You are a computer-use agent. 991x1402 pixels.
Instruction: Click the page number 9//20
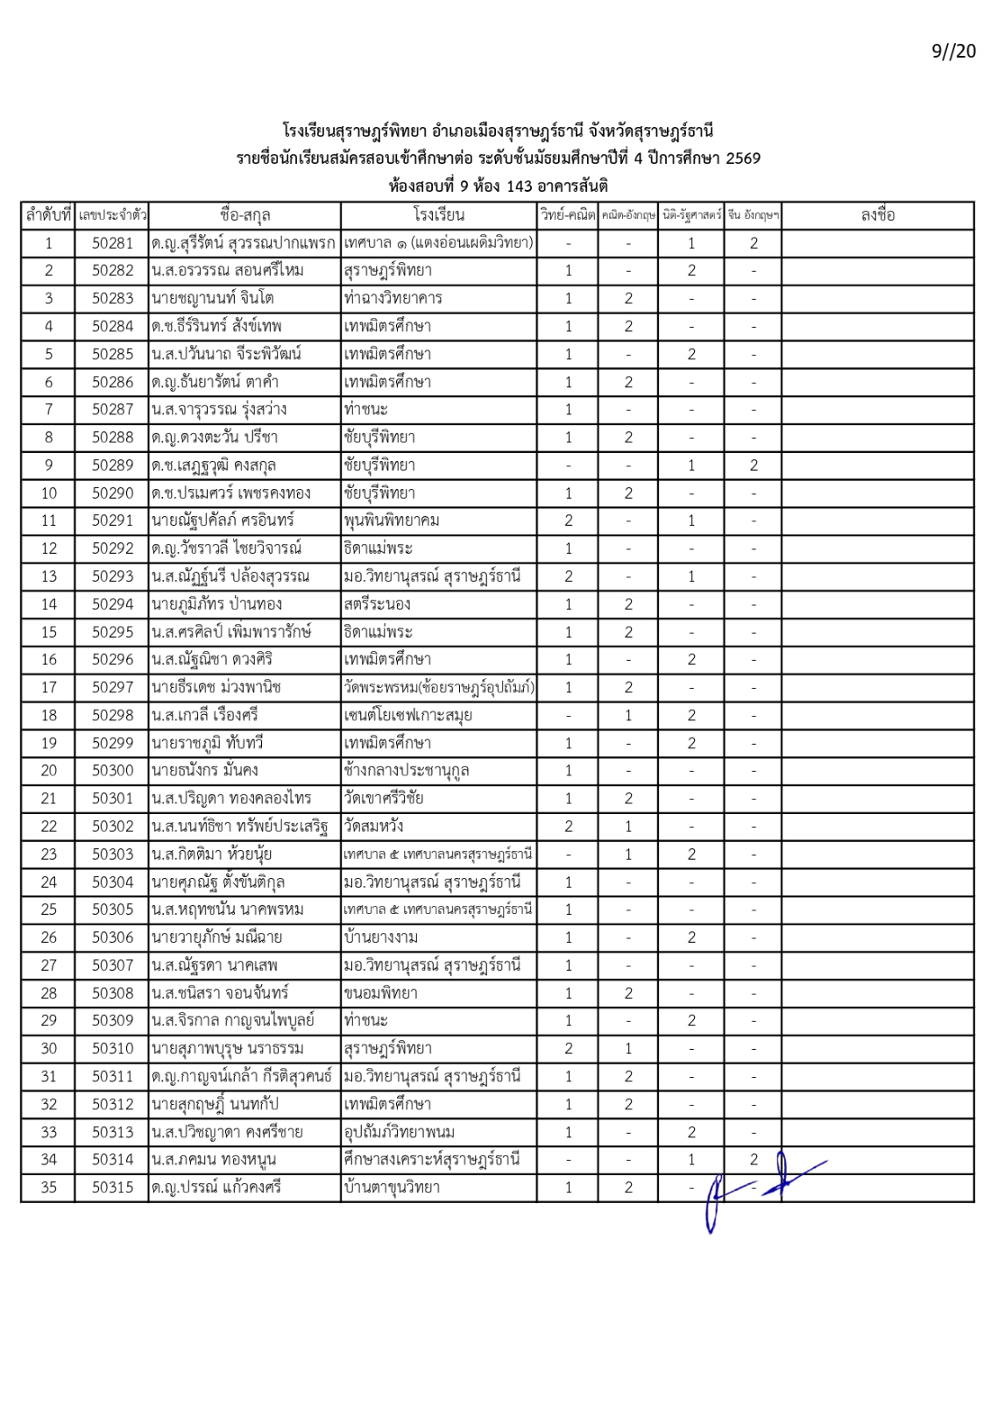pos(953,51)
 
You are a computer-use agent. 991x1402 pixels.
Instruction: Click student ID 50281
pos(112,243)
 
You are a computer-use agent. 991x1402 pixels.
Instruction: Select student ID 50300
pos(112,770)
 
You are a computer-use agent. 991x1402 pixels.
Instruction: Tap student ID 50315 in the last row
pos(112,1187)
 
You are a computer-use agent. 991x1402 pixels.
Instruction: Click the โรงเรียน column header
pos(438,215)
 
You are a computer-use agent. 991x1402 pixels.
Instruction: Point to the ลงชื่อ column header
pos(877,215)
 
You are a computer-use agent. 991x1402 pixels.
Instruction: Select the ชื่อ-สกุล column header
pos(244,215)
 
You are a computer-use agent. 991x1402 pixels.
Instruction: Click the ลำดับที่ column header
pos(48,215)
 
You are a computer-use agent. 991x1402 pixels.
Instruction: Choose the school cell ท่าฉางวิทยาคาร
pos(393,298)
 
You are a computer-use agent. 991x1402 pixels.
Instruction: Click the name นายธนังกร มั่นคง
pos(204,770)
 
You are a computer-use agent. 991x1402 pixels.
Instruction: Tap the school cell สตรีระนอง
pos(377,604)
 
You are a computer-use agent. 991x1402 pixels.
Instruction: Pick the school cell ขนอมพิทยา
pos(380,993)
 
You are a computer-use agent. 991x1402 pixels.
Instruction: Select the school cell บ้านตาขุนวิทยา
pos(392,1187)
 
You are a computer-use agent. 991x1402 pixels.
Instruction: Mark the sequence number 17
pos(48,687)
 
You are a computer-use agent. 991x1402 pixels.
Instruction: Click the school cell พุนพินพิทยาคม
pos(392,520)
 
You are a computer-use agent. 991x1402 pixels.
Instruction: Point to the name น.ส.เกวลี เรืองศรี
pos(204,715)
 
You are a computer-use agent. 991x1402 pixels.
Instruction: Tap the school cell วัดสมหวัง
pos(373,825)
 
